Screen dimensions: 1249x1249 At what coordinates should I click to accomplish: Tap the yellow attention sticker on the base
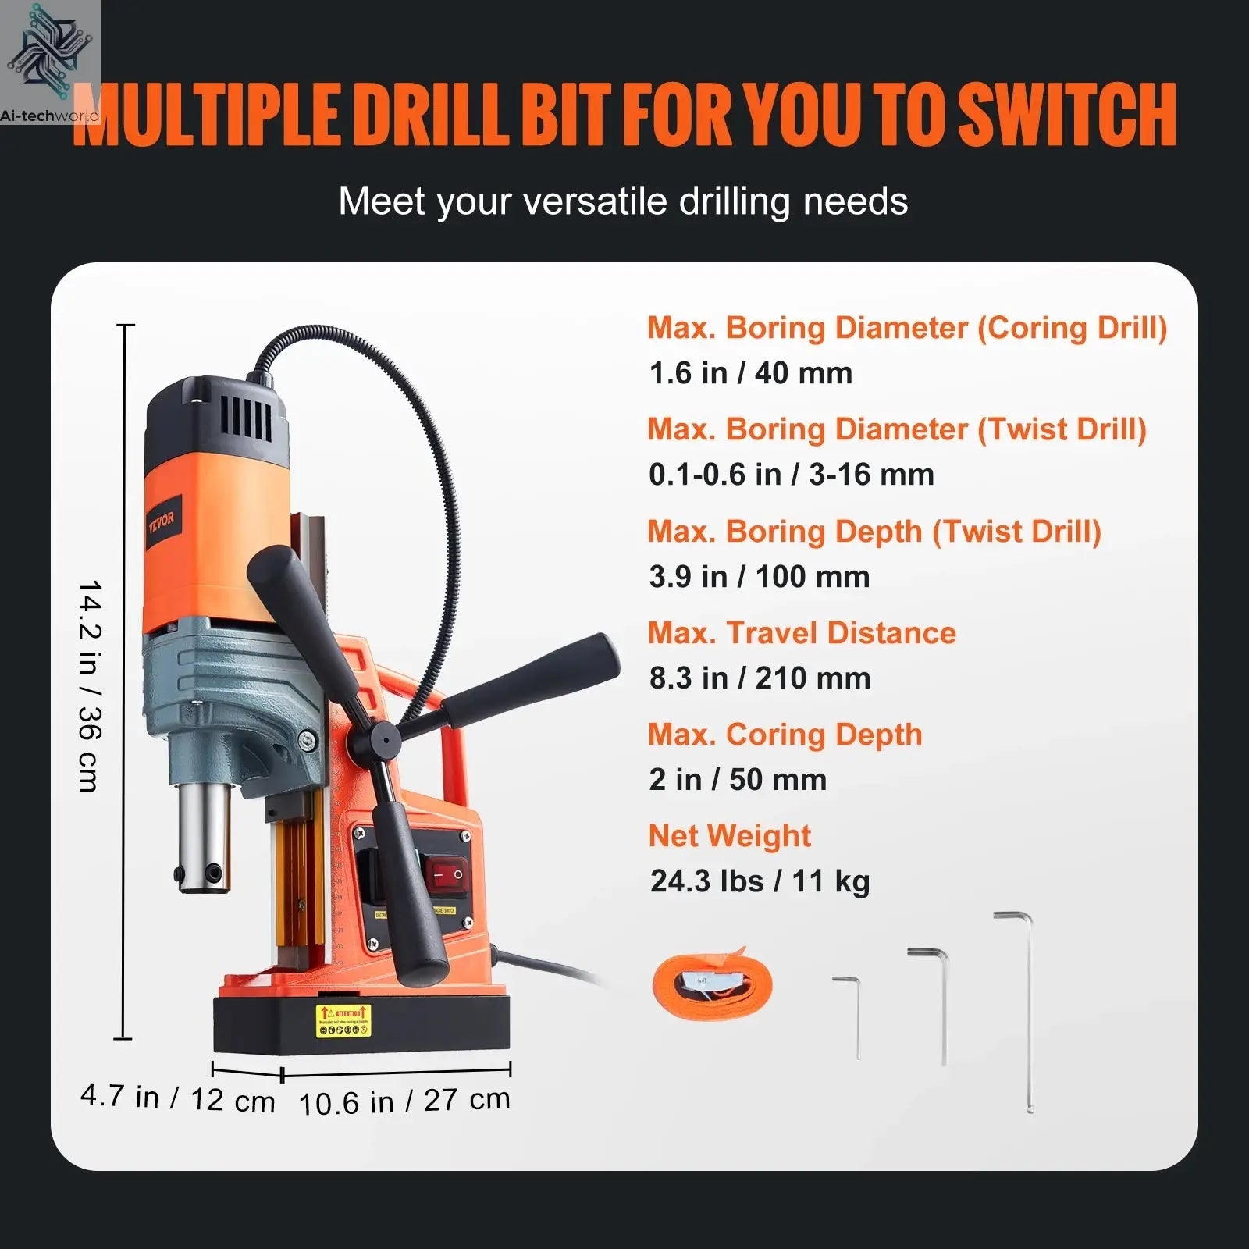(343, 1021)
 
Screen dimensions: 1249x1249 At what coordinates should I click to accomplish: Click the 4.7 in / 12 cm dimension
(178, 1098)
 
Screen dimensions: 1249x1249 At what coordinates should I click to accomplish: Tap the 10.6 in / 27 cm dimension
(404, 1101)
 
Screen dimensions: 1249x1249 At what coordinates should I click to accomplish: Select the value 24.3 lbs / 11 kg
(760, 881)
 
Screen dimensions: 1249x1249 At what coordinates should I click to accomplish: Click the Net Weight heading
(729, 836)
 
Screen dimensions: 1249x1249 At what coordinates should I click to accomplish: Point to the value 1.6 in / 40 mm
(750, 373)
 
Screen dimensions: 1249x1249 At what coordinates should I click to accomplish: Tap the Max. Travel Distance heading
(802, 633)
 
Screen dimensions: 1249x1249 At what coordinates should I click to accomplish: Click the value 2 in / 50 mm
(738, 780)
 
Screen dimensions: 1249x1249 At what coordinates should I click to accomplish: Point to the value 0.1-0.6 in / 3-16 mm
(791, 475)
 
